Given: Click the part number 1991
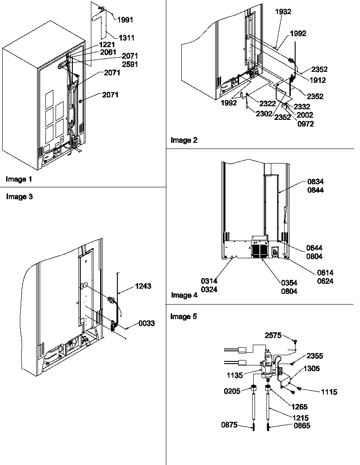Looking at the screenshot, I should pos(125,19).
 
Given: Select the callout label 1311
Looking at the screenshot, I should pos(126,38).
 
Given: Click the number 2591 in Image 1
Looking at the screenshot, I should pos(130,63).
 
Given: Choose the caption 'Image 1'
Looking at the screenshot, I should pos(19,179).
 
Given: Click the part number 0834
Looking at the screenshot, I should pos(315,181).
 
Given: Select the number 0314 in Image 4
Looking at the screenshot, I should pos(210,280).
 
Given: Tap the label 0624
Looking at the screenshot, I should pos(325,281).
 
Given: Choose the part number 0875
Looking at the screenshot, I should pos(229,425).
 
